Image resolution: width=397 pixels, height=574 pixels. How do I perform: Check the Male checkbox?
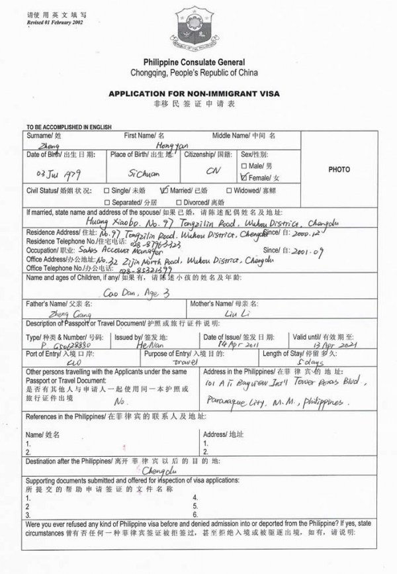pos(245,166)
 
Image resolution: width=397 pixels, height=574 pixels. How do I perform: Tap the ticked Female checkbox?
pos(245,177)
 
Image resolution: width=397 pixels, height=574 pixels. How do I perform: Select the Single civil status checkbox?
pos(107,191)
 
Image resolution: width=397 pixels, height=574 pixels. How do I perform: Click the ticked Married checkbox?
pos(165,190)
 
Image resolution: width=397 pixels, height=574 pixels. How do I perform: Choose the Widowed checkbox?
pos(229,191)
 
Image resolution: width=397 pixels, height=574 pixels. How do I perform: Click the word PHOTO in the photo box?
pos(339,170)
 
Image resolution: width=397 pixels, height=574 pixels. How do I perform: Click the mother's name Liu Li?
pos(251,315)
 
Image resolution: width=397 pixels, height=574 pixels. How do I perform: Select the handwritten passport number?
pos(64,346)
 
